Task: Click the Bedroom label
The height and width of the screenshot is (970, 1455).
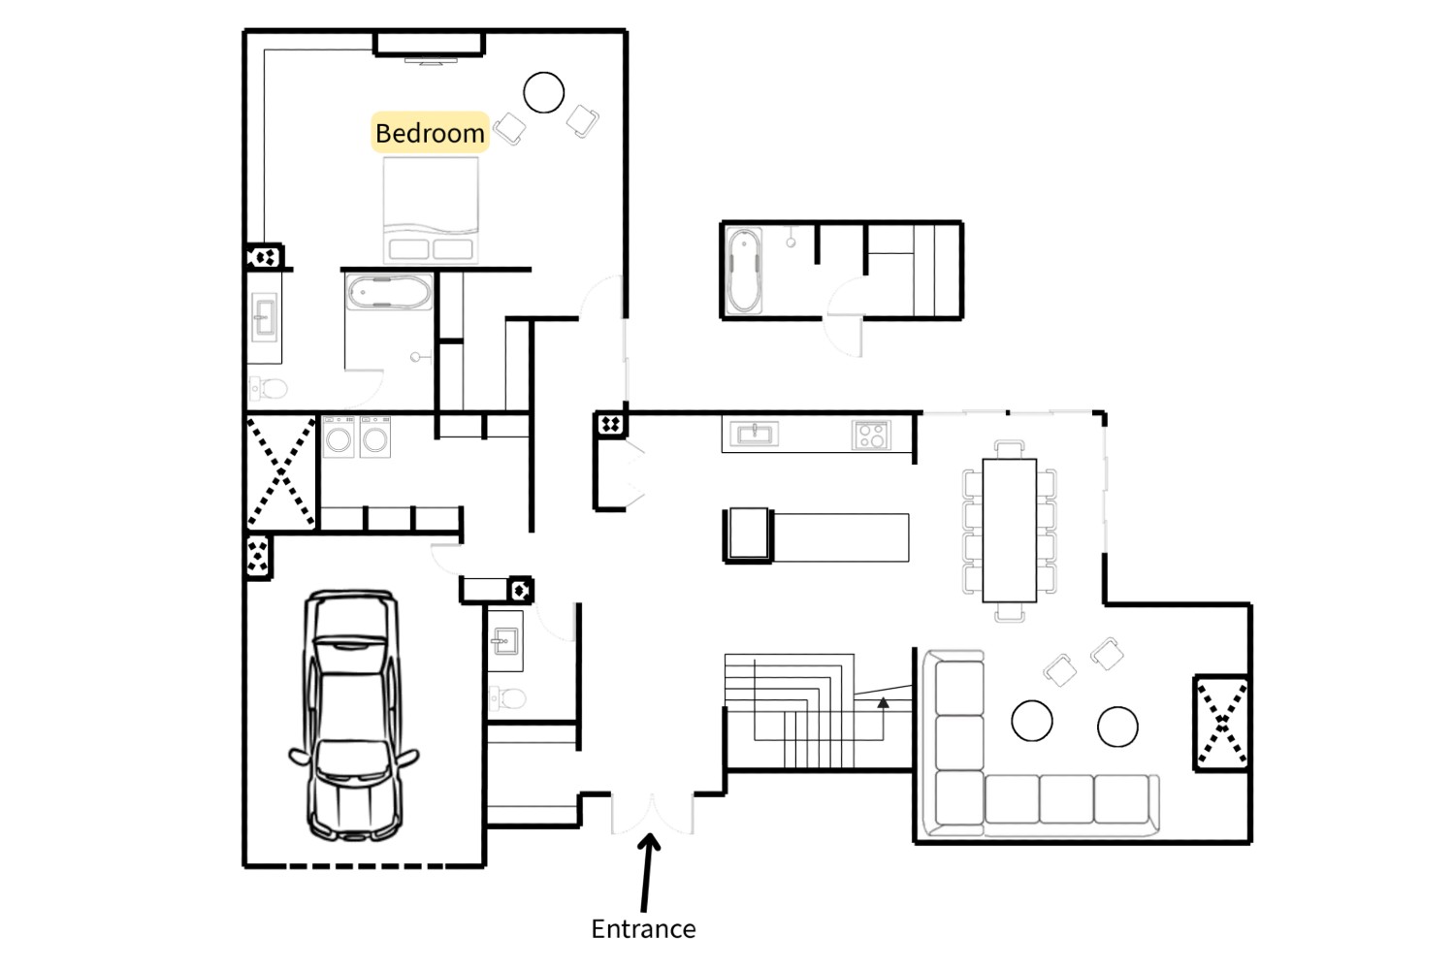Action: coord(430,133)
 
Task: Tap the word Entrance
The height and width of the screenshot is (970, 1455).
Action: coord(643,929)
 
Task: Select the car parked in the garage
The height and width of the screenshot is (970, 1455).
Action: coord(353,715)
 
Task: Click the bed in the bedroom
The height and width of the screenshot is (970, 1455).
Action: coord(431,210)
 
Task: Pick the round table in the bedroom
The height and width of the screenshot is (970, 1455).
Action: coord(543,92)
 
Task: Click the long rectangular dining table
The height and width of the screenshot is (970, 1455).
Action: coord(1009,531)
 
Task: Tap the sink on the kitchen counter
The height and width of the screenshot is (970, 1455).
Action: coord(754,434)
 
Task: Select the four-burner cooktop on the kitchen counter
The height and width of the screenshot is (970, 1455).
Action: coord(871,436)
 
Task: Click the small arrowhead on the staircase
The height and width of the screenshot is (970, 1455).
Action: coord(883,703)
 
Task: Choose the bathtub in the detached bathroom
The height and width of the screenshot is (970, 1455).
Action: coord(744,271)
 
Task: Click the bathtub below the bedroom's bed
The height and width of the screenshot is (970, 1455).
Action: coord(389,292)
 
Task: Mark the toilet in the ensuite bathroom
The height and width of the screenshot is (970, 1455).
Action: coord(269,389)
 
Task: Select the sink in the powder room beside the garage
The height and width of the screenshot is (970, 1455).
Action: coord(504,641)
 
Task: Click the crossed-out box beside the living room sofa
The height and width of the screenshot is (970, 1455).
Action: coord(1222,723)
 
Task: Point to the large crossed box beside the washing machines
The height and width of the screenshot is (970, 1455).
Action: coord(280,473)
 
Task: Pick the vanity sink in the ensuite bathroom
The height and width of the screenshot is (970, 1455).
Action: coord(265,317)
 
